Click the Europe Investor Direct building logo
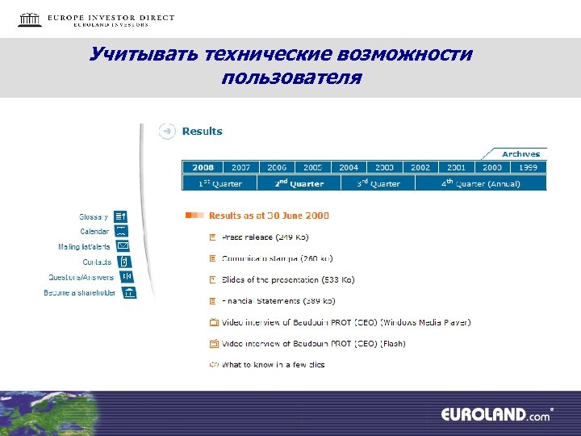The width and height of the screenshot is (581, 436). tap(30, 19)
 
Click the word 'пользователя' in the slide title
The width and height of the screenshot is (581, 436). tap(291, 78)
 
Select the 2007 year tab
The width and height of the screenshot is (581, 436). tap(240, 167)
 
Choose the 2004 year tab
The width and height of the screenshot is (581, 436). tap(349, 167)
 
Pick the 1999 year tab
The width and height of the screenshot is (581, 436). tap(528, 167)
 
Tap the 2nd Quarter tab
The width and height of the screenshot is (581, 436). tap(299, 183)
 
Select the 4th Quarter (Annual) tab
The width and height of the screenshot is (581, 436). tap(481, 183)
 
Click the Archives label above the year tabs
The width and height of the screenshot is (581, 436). tap(520, 153)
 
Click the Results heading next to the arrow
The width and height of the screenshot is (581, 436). tap(202, 131)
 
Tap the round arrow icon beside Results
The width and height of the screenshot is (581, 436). tap(167, 131)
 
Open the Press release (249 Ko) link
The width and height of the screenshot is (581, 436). tap(265, 237)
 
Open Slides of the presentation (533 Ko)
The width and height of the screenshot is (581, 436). tap(277, 279)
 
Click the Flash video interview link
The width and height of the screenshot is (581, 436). tap(313, 343)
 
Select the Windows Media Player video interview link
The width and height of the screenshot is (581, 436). tap(346, 322)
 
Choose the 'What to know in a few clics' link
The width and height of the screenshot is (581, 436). tap(273, 365)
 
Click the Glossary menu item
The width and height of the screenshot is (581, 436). tap(94, 216)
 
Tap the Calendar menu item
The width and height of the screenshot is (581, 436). tap(94, 232)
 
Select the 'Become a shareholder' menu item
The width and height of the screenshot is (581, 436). tap(80, 292)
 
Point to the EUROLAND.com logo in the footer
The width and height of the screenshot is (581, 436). tap(495, 414)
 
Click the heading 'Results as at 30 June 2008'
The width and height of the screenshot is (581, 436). tap(269, 216)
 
